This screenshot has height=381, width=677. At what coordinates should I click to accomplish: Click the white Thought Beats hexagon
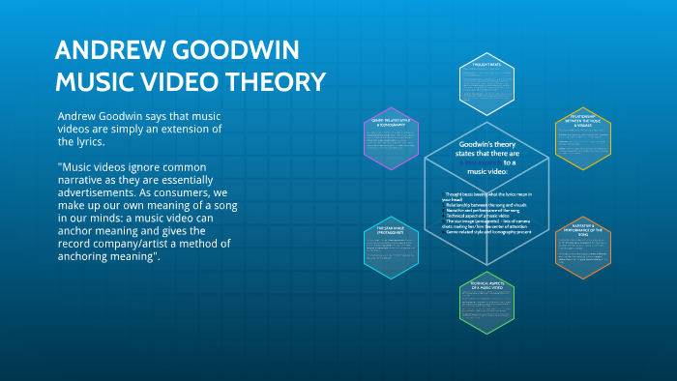(486, 81)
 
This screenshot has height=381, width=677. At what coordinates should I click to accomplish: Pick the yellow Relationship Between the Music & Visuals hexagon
(583, 143)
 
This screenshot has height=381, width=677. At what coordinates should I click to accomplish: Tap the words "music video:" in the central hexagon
(487, 171)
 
